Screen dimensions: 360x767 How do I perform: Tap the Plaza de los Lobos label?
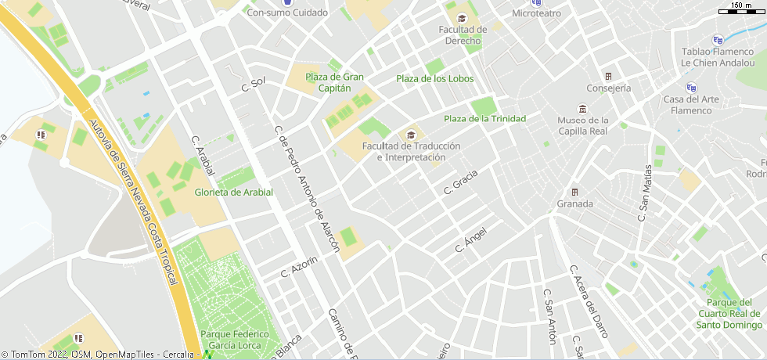[x=434, y=78]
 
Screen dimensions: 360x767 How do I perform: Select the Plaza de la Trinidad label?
[x=484, y=118]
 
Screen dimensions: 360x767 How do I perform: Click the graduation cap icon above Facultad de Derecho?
[x=462, y=18]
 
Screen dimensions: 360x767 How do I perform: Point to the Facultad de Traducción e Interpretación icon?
[x=411, y=135]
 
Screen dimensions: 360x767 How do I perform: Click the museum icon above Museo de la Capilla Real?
[x=582, y=108]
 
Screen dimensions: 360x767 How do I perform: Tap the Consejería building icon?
[x=608, y=76]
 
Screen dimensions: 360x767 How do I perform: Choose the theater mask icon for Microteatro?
[x=536, y=2]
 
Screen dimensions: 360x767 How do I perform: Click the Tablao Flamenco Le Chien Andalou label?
[x=717, y=56]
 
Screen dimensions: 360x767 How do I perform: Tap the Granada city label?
[x=574, y=203]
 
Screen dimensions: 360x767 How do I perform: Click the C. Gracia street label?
[x=460, y=181]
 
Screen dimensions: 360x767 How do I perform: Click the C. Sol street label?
[x=254, y=85]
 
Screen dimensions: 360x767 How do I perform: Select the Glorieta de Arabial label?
[x=233, y=192]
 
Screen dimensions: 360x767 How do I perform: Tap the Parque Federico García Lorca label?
[x=235, y=340]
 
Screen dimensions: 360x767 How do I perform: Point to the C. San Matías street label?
[x=644, y=193]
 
